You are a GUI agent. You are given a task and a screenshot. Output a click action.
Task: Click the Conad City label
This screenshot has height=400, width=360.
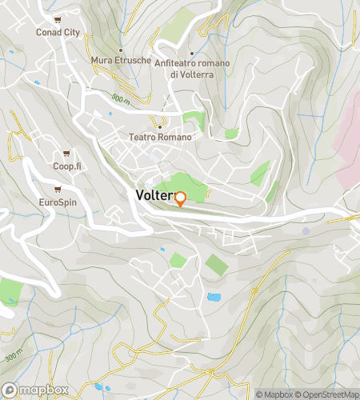(x=59, y=33)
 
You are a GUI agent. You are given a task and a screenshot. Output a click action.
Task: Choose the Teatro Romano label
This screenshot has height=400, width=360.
(x=160, y=138)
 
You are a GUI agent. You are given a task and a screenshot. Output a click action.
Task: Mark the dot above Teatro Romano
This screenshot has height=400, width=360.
(x=160, y=125)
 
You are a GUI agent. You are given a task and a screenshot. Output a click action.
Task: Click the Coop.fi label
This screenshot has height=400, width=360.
(x=68, y=166)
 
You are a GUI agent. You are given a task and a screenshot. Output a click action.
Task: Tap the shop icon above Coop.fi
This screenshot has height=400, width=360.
(x=68, y=153)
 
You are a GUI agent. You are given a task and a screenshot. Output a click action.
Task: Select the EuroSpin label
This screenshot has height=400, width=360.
(x=58, y=202)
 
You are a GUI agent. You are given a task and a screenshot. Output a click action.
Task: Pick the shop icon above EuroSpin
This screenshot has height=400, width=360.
(x=58, y=190)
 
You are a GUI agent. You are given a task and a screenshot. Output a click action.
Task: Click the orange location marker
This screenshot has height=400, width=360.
(x=180, y=198)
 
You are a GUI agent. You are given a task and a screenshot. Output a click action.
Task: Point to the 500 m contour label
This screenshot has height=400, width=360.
(x=121, y=98)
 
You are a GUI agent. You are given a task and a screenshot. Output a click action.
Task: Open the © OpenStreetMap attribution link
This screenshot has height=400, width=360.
(x=327, y=394)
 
